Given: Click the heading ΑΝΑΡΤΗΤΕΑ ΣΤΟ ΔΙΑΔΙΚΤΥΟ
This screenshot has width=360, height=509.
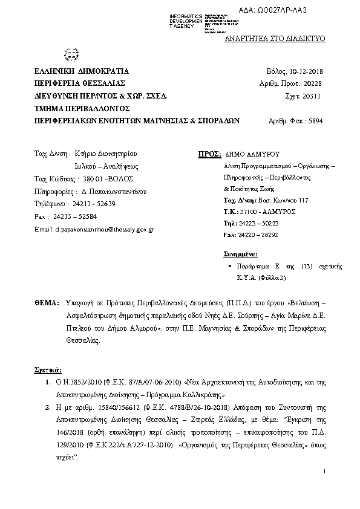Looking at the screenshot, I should [275, 38].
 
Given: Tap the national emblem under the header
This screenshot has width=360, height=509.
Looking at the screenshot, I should [67, 56].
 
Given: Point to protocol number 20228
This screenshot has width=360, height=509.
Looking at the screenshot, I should [313, 83].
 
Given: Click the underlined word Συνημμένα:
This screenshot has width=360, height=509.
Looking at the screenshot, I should [241, 253].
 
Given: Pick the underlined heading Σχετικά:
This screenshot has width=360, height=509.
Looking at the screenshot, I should [47, 369].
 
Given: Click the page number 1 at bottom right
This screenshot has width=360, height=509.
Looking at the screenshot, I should [324, 470].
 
